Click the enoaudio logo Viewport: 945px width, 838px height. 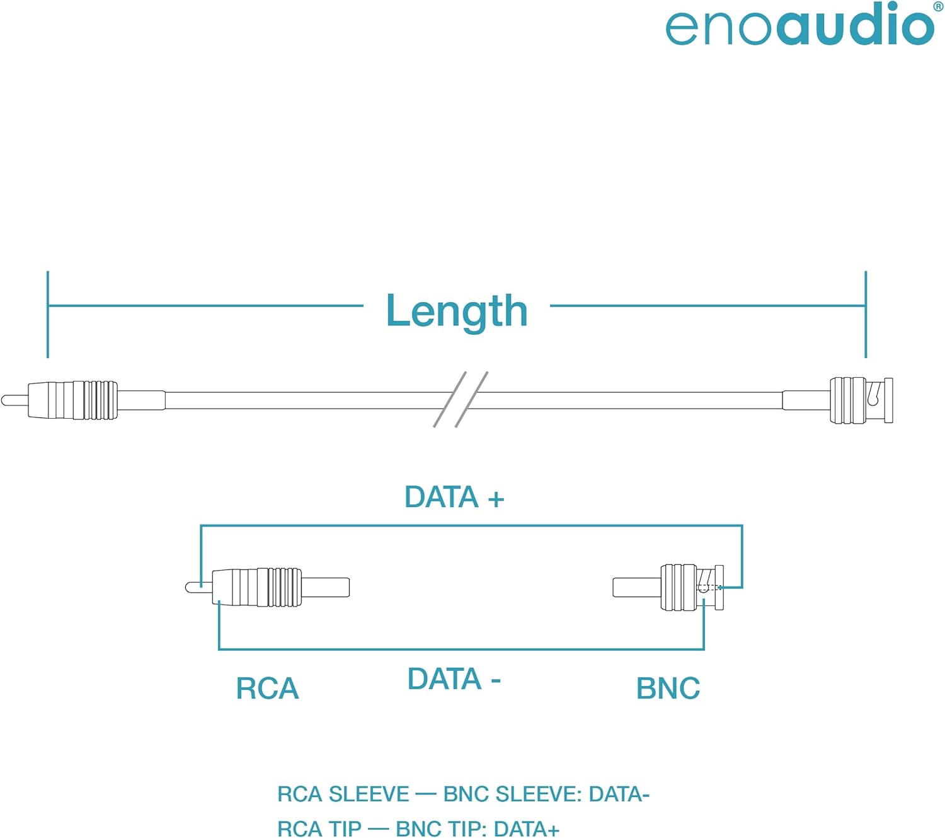799,25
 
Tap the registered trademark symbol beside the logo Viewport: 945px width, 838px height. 938,6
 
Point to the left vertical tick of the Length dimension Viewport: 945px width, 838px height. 48,314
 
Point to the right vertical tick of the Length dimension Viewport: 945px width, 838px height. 866,314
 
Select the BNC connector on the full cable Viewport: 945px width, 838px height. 861,400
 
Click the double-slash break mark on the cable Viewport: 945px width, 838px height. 461,400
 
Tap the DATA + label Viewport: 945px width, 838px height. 454,497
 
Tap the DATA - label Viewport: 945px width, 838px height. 454,679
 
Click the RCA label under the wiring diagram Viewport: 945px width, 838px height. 267,688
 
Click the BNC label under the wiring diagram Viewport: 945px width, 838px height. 668,688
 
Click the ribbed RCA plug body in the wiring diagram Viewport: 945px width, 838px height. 258,587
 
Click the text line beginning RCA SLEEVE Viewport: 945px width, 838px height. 463,794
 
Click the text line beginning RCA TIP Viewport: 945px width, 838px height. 418,829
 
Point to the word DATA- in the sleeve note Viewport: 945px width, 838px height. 619,794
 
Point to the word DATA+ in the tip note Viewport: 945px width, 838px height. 527,829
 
